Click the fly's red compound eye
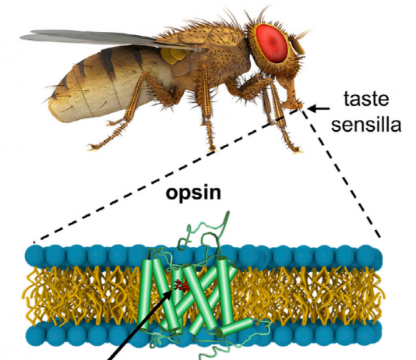coord(272,43)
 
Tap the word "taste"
coord(366,99)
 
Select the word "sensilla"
coord(366,124)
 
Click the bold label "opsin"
coord(193,194)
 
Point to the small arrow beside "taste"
coord(319,108)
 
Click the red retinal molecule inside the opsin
coord(181,285)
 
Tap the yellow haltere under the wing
coord(174,56)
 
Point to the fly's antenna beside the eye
coord(298,46)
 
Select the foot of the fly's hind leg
coord(93,146)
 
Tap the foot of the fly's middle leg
coord(213,150)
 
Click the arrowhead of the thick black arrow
coord(171,294)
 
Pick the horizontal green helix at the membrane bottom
coord(234,326)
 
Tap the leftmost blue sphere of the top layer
coord(35,255)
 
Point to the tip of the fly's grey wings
coord(23,37)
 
